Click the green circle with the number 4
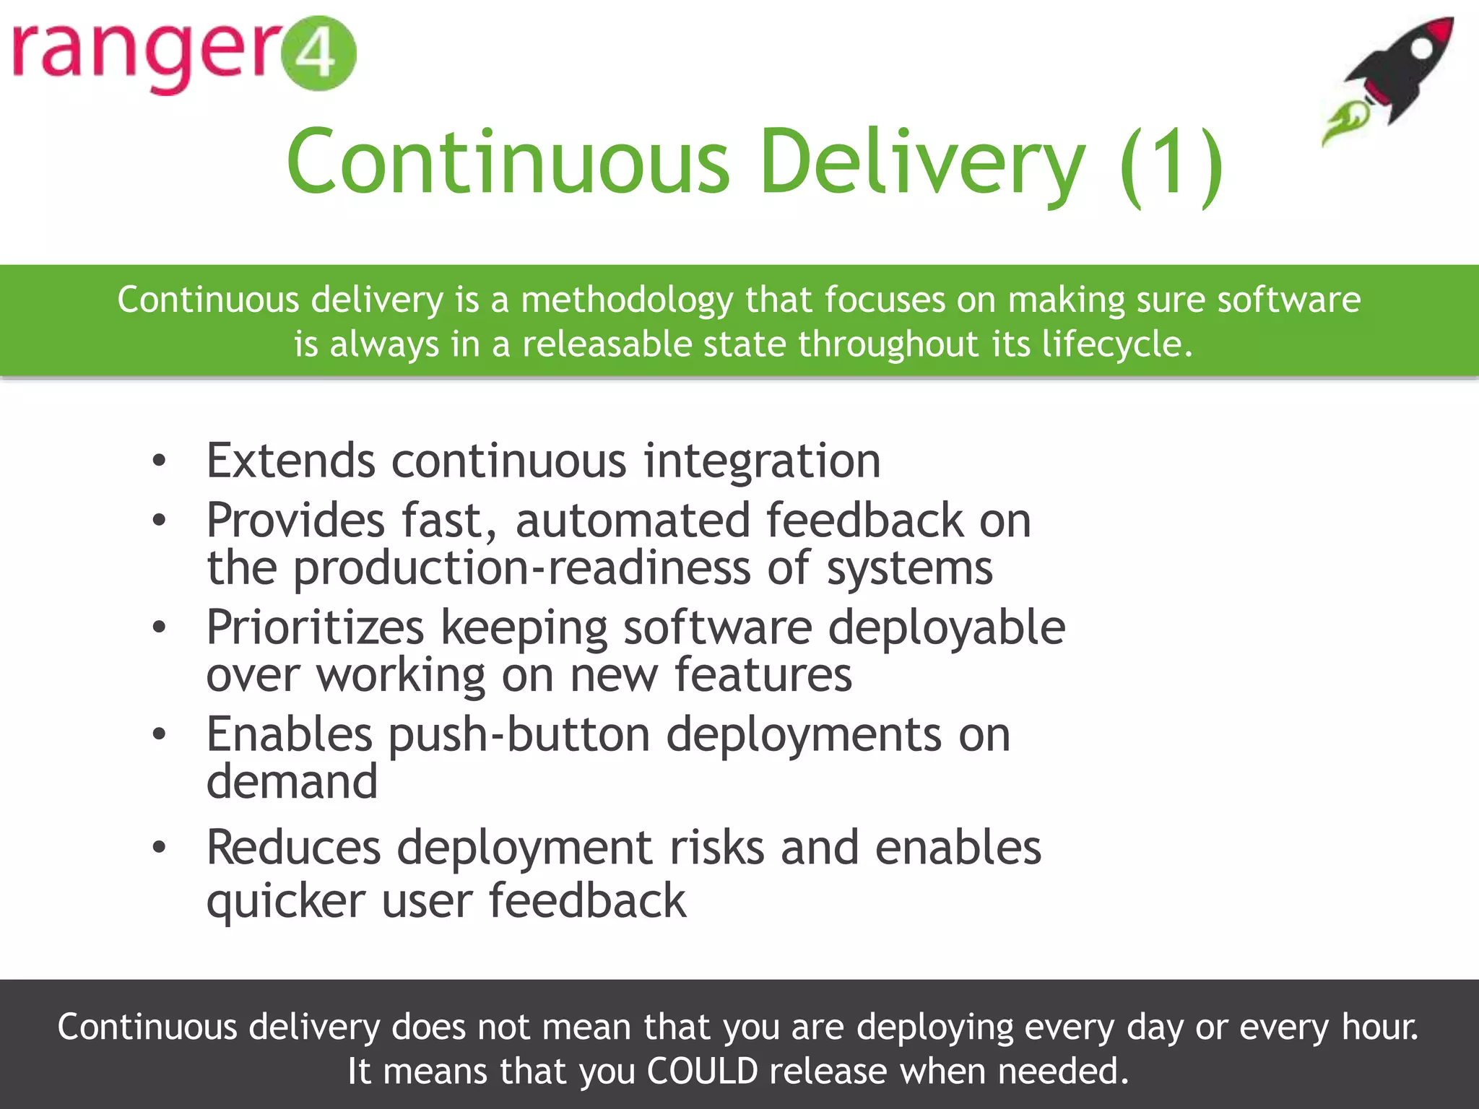coord(318,53)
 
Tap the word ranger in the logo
coord(144,55)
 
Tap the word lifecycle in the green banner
coord(1116,344)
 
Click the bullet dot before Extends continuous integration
coord(160,460)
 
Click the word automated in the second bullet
coord(633,520)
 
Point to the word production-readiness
coord(521,568)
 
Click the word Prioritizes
coord(315,627)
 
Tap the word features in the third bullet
coord(763,674)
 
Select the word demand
coord(292,782)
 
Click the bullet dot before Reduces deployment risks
coord(160,847)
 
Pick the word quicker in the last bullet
coord(286,901)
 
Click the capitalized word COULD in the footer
coord(702,1071)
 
